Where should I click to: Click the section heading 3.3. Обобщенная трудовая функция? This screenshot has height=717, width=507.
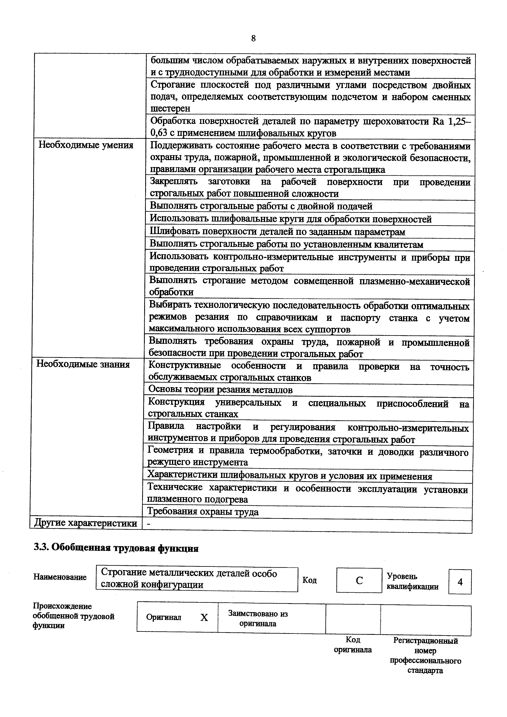point(116,548)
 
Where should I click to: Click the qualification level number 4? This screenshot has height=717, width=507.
point(460,582)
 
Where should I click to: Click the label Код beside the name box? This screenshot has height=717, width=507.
point(310,580)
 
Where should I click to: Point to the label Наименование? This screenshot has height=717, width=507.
point(60,577)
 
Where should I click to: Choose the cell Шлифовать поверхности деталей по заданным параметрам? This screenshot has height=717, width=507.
point(277,232)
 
